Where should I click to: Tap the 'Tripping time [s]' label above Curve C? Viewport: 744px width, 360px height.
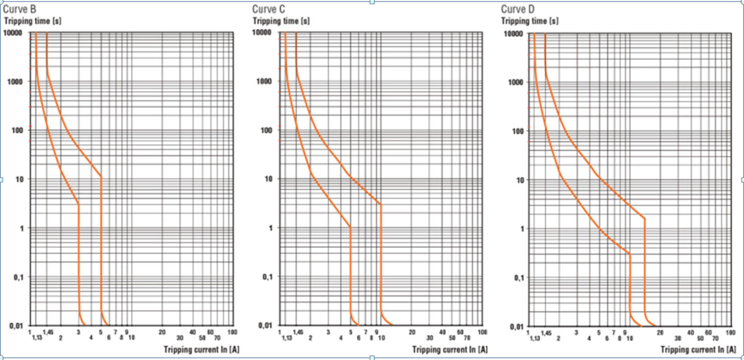281,21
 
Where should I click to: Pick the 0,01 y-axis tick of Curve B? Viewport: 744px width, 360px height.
17,325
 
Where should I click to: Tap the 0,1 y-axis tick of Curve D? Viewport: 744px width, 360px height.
517,278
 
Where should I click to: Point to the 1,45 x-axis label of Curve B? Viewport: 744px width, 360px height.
48,332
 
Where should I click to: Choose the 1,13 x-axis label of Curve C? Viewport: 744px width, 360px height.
287,338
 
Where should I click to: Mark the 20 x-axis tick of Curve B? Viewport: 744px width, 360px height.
162,332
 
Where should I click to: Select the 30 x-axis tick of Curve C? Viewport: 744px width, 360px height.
430,338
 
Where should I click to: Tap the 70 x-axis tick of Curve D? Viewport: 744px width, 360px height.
715,338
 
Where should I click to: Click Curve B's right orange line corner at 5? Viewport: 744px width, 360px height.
101,177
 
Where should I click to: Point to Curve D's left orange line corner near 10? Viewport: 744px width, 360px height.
629,254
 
